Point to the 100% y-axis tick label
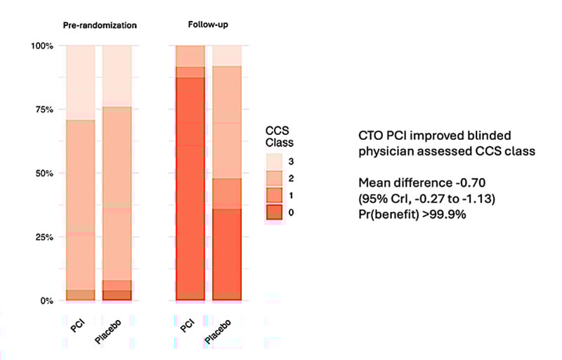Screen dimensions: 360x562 (44, 46)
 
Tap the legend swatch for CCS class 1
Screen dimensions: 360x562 (273, 195)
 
